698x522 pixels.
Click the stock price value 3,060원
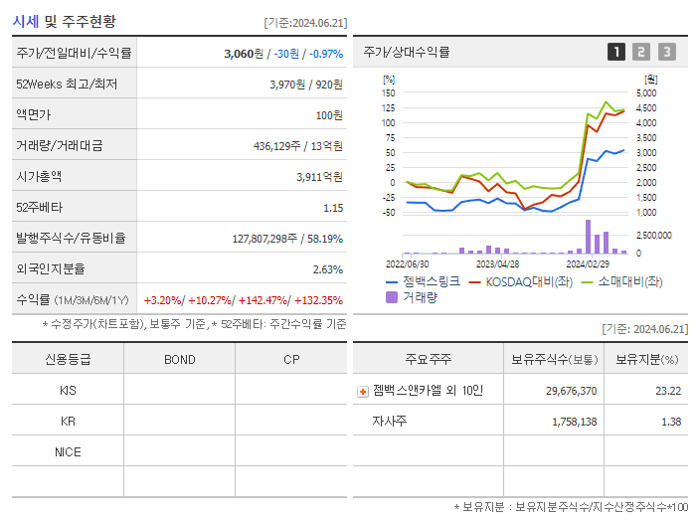(x=244, y=53)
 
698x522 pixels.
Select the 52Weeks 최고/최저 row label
(x=67, y=85)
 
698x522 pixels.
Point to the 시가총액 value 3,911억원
(x=319, y=177)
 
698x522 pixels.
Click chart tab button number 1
(x=616, y=52)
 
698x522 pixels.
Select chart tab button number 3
(x=666, y=52)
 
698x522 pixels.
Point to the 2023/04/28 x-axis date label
(x=498, y=264)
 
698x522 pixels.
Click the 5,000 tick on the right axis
(x=645, y=92)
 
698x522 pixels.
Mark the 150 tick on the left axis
(x=389, y=92)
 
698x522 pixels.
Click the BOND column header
(x=179, y=359)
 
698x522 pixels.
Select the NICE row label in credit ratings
(x=68, y=451)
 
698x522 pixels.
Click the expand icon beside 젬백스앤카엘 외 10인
(x=363, y=391)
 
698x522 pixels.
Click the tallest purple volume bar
(x=588, y=237)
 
